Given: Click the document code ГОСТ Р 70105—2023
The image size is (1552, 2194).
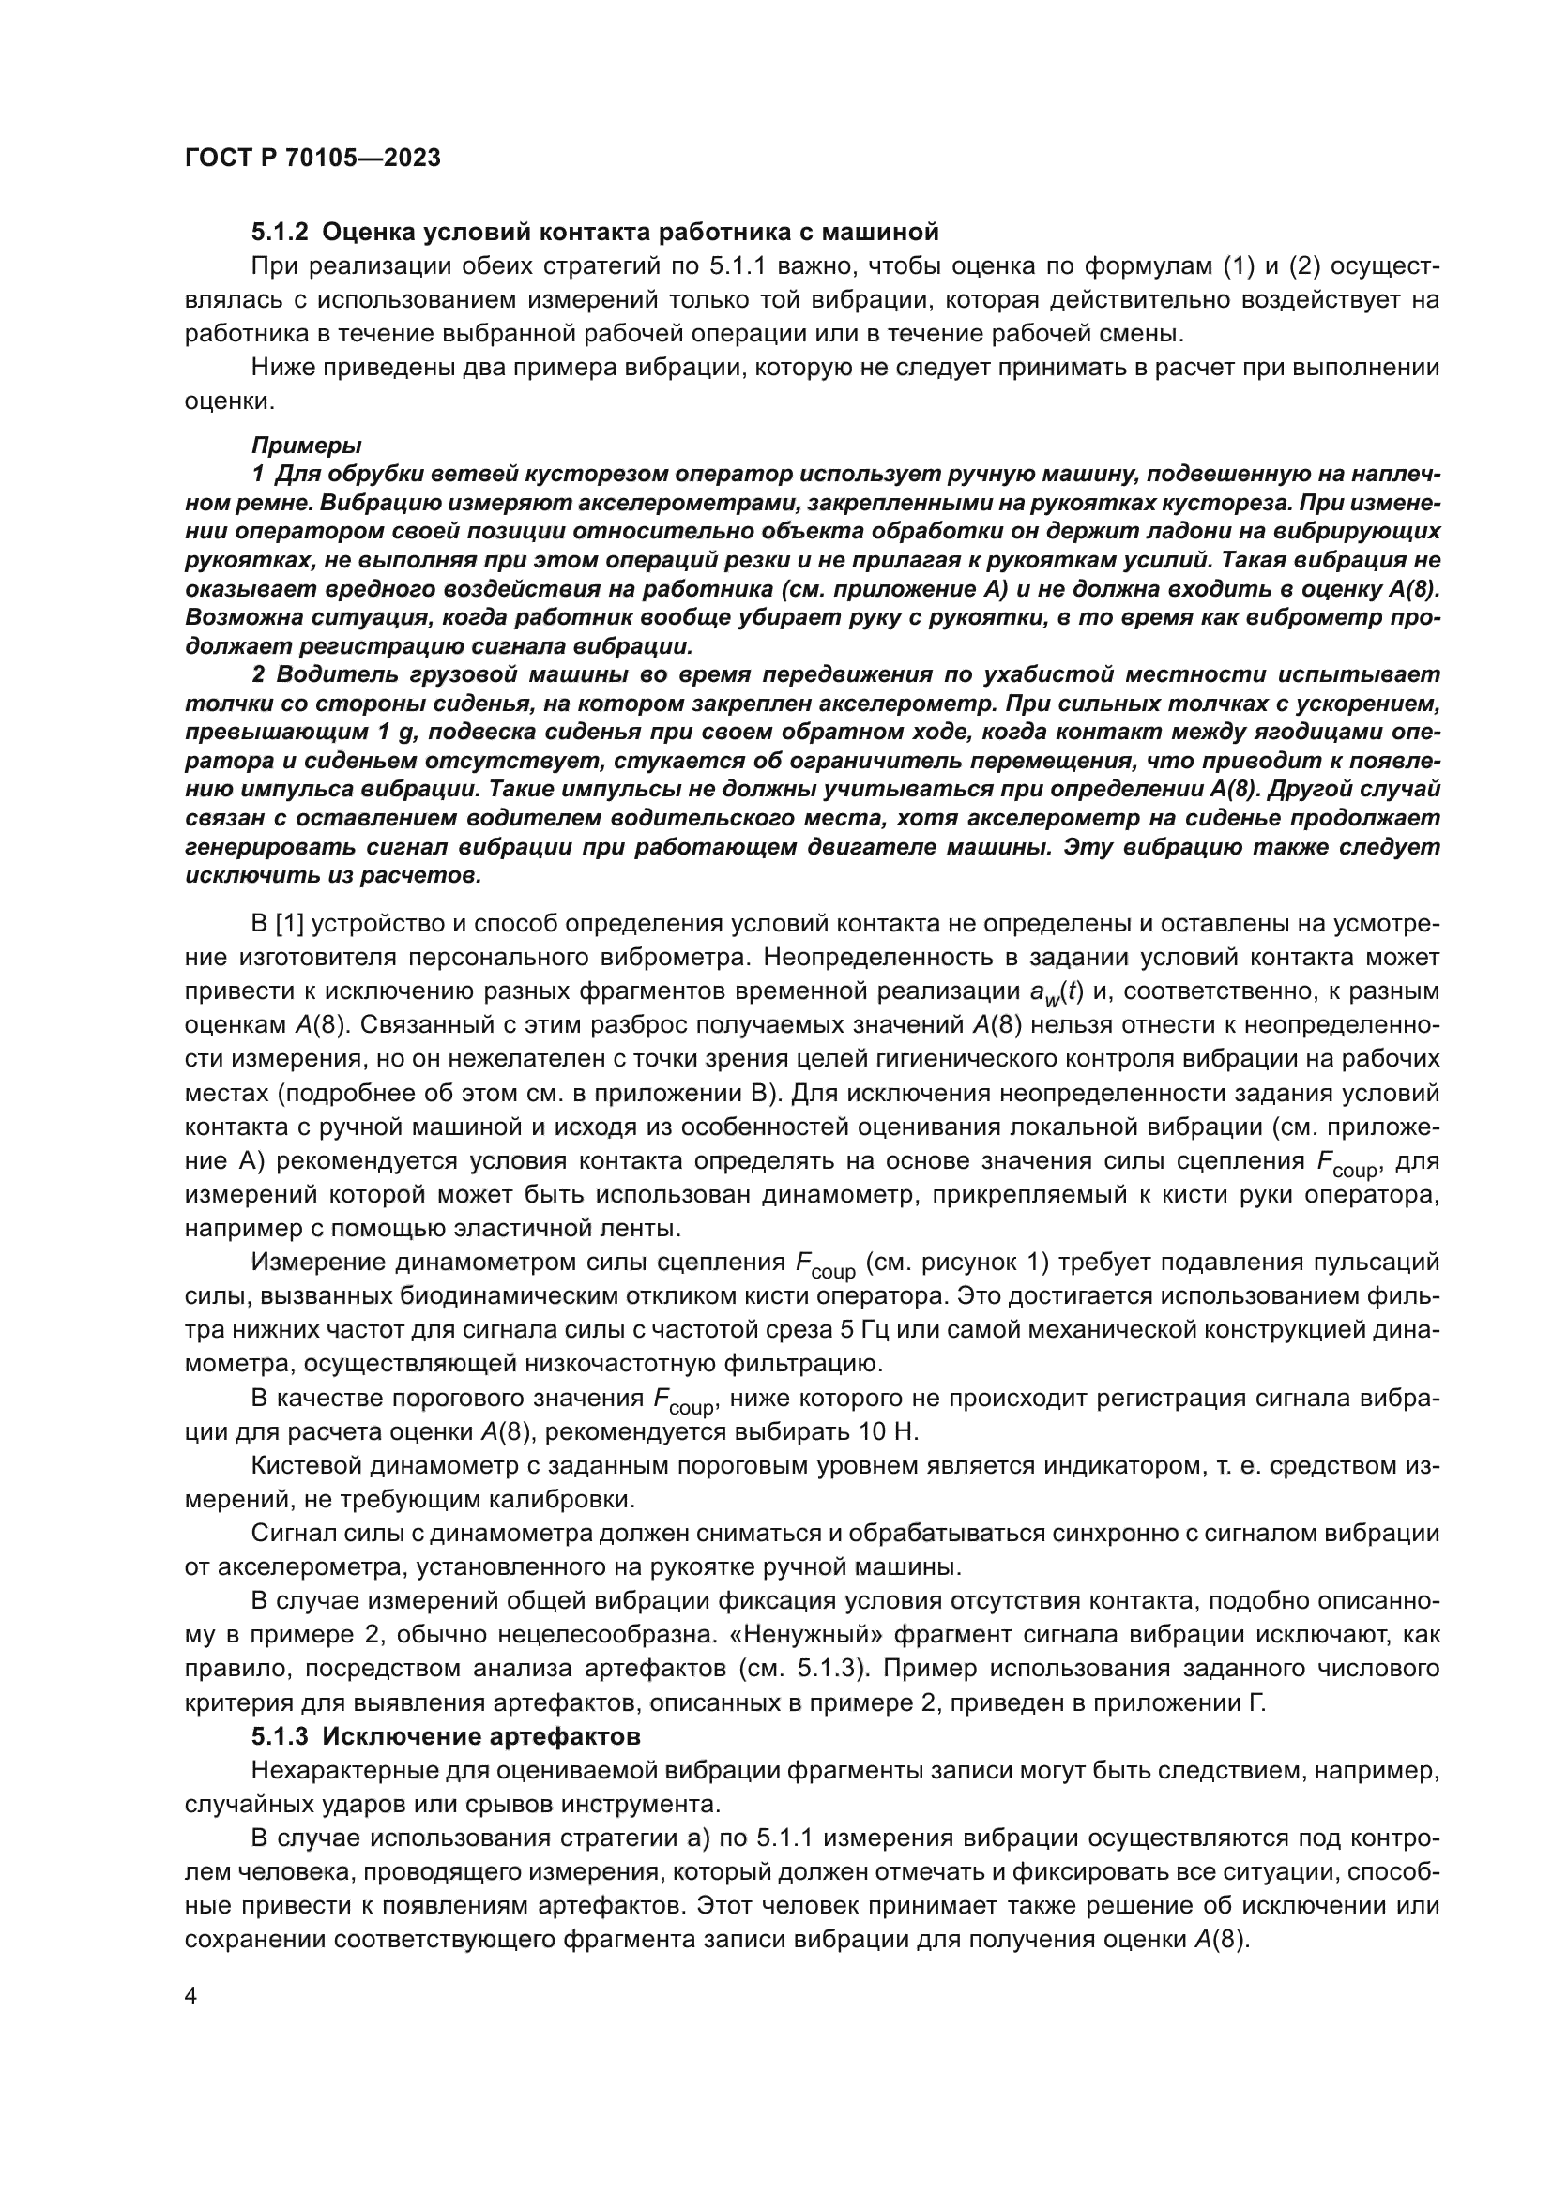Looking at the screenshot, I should point(312,159).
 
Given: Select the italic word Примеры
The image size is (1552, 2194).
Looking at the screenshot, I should point(306,446).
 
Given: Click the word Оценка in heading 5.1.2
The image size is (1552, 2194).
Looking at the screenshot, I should point(365,233).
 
